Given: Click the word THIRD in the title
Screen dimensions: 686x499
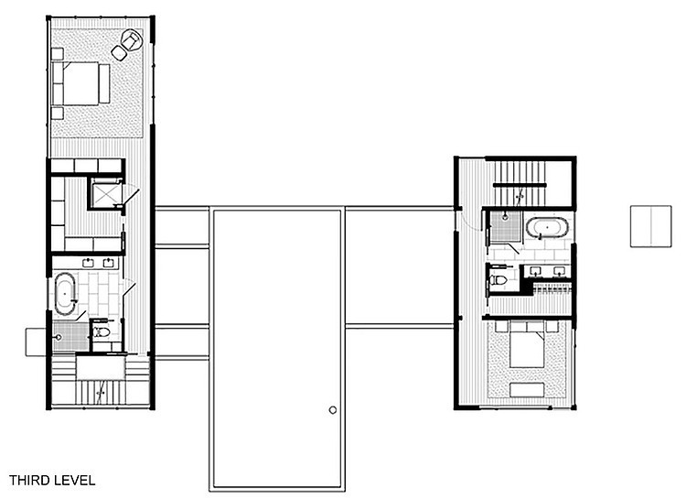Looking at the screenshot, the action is (29, 480).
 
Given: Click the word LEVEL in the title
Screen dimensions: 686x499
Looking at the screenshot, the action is (74, 480).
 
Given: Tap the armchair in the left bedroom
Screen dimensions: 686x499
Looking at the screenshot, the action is (131, 40).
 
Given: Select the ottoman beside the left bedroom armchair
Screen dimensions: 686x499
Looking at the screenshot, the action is (119, 53).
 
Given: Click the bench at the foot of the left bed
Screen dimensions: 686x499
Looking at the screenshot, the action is (104, 83).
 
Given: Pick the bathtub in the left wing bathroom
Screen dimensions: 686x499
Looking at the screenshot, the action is (65, 294).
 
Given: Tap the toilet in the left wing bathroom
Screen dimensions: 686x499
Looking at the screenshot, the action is (101, 331).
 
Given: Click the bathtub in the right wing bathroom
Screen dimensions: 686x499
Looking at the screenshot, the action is (547, 228).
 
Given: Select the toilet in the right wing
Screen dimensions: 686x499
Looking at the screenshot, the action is (498, 279).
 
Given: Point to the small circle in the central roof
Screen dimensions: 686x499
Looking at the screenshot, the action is (333, 410).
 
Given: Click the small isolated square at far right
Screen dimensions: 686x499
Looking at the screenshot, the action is (650, 226).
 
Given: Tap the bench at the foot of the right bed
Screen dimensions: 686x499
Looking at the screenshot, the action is (527, 389).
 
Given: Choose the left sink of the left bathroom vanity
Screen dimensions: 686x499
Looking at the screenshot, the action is (89, 263).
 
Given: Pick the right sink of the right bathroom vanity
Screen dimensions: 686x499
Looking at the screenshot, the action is (559, 271).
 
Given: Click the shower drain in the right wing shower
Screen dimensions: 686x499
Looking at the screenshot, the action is (505, 217).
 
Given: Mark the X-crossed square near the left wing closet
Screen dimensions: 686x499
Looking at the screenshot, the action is (105, 194).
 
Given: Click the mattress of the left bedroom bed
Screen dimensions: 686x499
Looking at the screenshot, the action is (80, 83).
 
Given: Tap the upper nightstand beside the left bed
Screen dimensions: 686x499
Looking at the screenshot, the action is (58, 54).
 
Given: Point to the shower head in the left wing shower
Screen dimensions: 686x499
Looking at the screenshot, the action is (59, 337).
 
